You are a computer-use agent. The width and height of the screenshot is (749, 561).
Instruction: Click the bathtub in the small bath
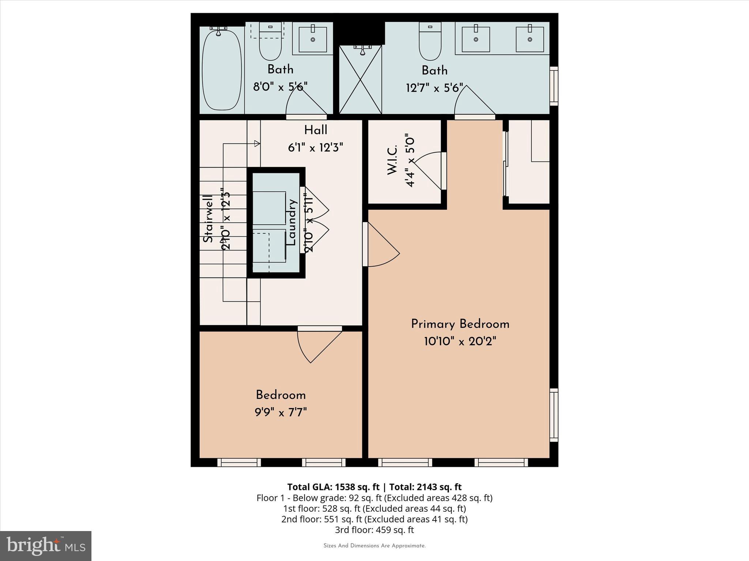[222, 70]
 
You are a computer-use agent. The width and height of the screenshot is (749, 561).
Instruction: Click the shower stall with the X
[360, 80]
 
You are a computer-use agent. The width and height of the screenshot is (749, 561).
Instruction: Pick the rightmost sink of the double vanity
[530, 39]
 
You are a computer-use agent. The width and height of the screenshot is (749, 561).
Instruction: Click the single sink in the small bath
[313, 39]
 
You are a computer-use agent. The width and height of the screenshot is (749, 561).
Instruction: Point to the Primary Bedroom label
[460, 324]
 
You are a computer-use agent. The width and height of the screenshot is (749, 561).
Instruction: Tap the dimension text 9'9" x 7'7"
[281, 412]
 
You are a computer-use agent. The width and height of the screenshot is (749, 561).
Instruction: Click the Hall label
[316, 130]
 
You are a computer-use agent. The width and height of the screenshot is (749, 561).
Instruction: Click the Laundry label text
[292, 222]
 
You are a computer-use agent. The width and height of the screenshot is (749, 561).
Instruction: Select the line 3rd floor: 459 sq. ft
[374, 530]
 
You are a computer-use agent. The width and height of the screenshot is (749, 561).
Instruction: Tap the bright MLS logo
[46, 546]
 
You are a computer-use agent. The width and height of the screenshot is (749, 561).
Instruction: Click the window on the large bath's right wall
[554, 86]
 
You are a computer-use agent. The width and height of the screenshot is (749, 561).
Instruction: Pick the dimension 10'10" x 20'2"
[460, 341]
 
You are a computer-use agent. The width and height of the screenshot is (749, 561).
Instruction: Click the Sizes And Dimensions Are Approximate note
[374, 546]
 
